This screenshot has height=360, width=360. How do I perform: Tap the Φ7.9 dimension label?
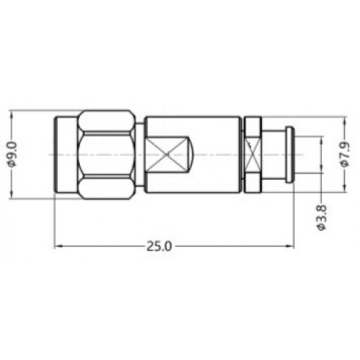345,154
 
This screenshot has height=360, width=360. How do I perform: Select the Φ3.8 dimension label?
322,217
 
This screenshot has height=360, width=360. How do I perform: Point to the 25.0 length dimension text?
159,246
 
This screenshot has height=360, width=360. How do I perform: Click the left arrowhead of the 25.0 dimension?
58,246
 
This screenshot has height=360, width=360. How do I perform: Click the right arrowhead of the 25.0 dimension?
290,246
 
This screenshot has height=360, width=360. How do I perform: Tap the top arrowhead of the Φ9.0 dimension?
12,114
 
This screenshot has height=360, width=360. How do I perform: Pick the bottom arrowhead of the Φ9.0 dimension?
12,194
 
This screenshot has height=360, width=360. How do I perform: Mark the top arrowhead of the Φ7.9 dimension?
345,121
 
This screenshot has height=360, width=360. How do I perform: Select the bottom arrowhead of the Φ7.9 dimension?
345,188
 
